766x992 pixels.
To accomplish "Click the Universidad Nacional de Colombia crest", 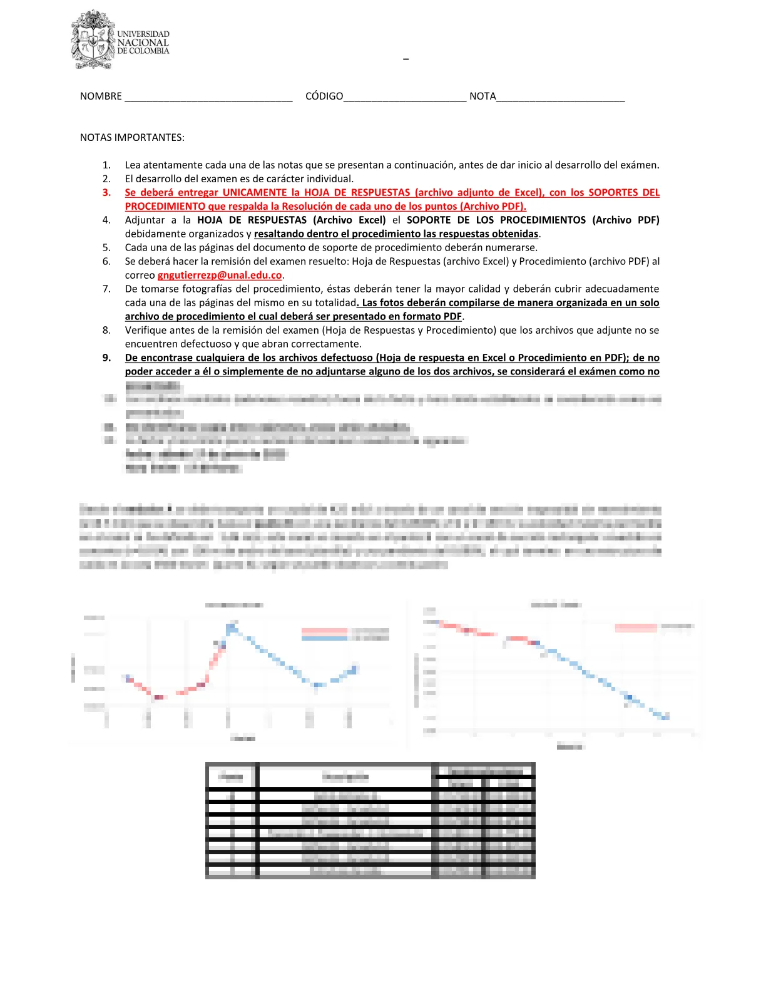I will pos(93,40).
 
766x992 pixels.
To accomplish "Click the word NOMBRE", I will pos(101,96).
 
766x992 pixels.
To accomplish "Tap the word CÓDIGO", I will pos(324,96).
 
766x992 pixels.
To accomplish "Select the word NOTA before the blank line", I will pos(483,96).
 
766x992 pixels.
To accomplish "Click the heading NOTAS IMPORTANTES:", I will pos(132,138).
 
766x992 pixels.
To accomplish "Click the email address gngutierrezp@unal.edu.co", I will pos(220,276).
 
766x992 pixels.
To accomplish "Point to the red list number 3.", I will pos(107,193).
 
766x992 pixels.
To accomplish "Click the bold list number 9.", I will pos(107,358).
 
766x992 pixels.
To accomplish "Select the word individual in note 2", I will pos(331,179).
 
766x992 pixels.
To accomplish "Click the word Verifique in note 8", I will pos(146,331).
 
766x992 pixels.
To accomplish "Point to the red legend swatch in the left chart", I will pos(324,631).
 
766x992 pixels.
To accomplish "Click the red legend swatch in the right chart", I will pos(636,627).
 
